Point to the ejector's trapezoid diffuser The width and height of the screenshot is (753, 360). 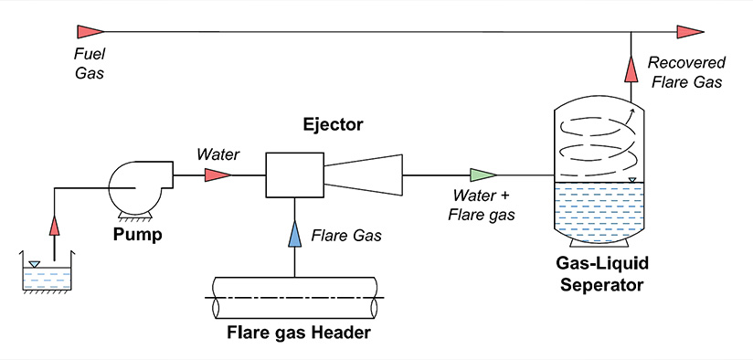[364, 174]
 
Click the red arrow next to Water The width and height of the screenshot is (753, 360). [217, 174]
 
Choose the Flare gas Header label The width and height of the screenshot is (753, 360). [298, 332]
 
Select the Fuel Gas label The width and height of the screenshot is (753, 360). [90, 63]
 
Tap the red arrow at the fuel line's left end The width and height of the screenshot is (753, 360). [90, 33]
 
